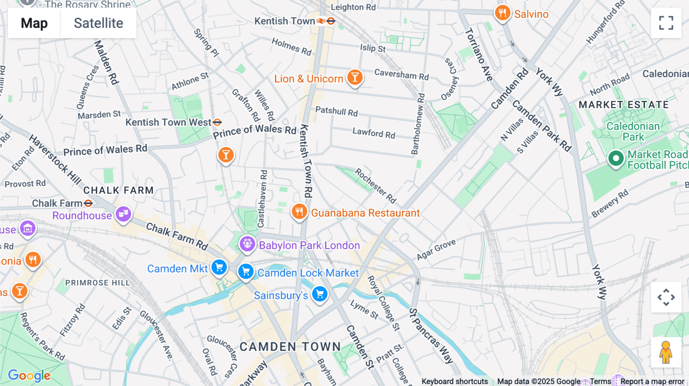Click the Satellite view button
(x=98, y=23)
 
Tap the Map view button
(x=34, y=23)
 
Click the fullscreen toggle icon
(x=666, y=23)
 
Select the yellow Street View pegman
(x=666, y=352)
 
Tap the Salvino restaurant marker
(x=502, y=13)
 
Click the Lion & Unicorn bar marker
(x=355, y=77)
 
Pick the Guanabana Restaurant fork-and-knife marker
(x=299, y=211)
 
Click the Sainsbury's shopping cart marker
(x=320, y=294)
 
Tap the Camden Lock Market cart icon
(x=246, y=272)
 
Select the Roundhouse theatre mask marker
(x=123, y=214)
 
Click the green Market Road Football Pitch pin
(x=616, y=158)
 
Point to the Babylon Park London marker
(x=247, y=243)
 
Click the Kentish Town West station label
(x=168, y=122)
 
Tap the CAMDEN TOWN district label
(x=290, y=347)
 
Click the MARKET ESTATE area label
(x=624, y=105)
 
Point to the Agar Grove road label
(x=436, y=249)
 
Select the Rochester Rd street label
(x=375, y=186)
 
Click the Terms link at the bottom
(x=600, y=381)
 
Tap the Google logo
(x=29, y=375)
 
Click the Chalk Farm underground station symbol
(x=88, y=203)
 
